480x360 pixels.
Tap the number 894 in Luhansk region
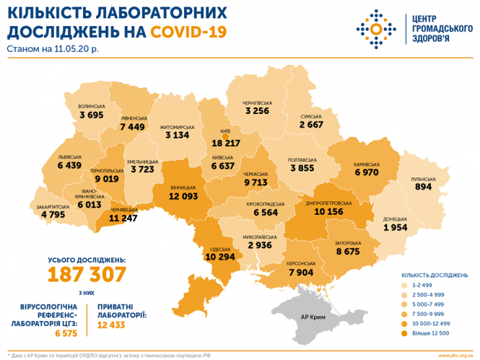[424, 187]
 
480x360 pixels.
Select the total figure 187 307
[87, 273]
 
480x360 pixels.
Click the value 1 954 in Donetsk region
[396, 228]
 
